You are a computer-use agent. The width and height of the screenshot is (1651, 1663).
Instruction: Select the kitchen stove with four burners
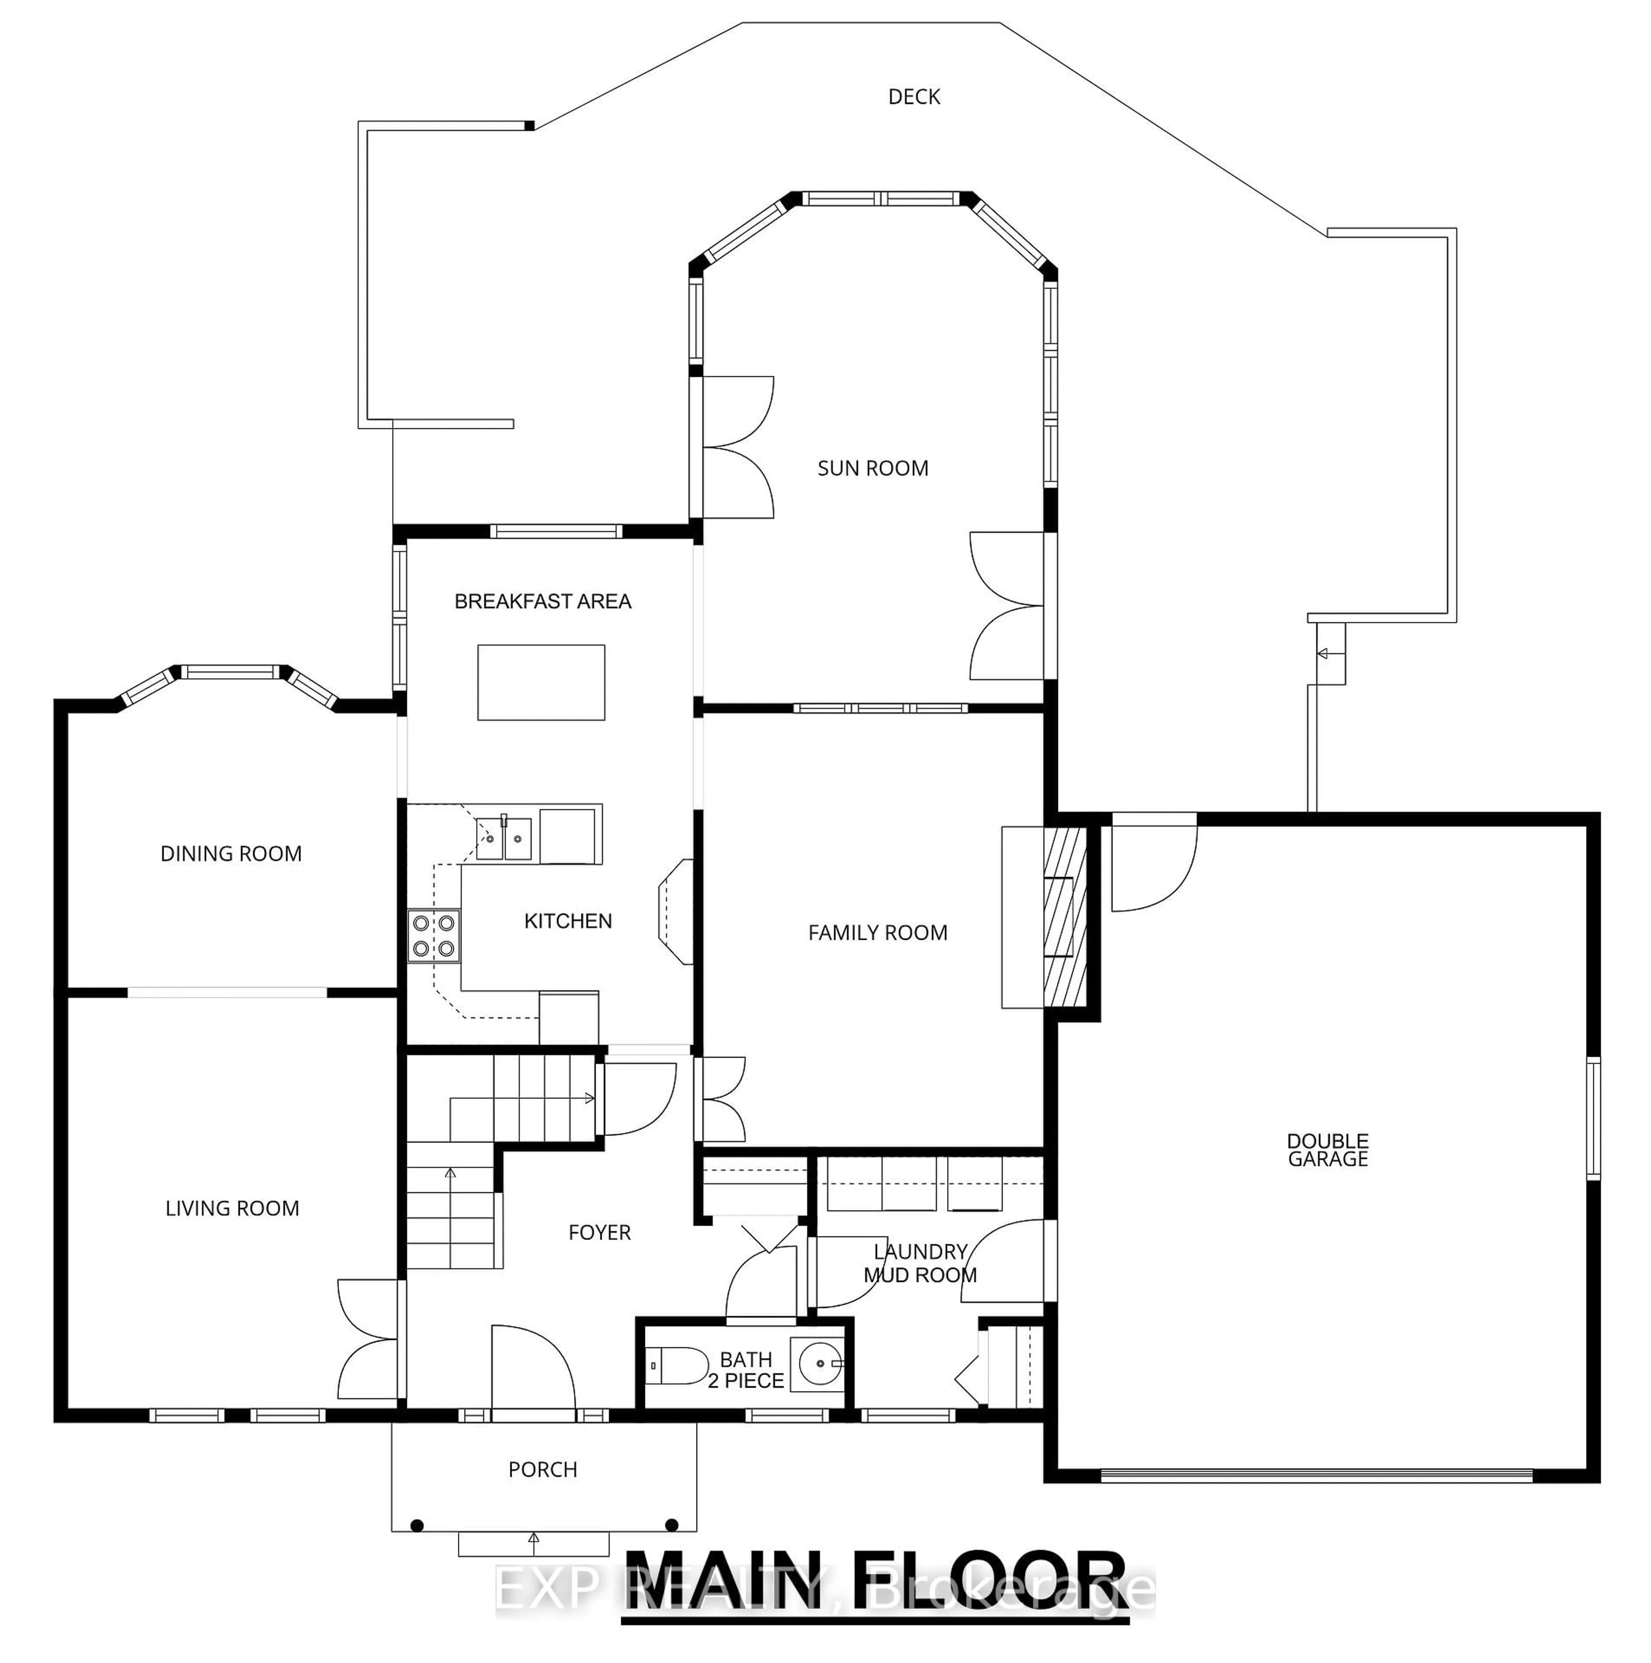[x=434, y=936]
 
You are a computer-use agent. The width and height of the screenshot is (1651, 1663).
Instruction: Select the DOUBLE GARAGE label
[x=1327, y=1150]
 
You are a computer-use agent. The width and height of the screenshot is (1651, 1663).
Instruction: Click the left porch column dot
[x=417, y=1525]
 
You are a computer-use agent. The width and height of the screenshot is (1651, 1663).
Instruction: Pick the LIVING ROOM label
[x=232, y=1208]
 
